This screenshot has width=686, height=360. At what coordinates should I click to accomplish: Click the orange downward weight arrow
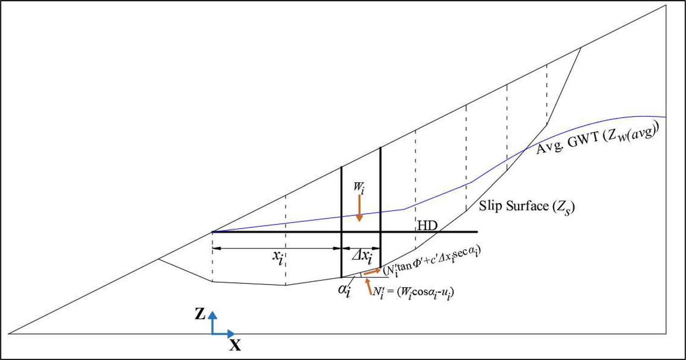point(359,209)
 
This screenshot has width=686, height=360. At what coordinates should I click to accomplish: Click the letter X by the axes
point(235,346)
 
